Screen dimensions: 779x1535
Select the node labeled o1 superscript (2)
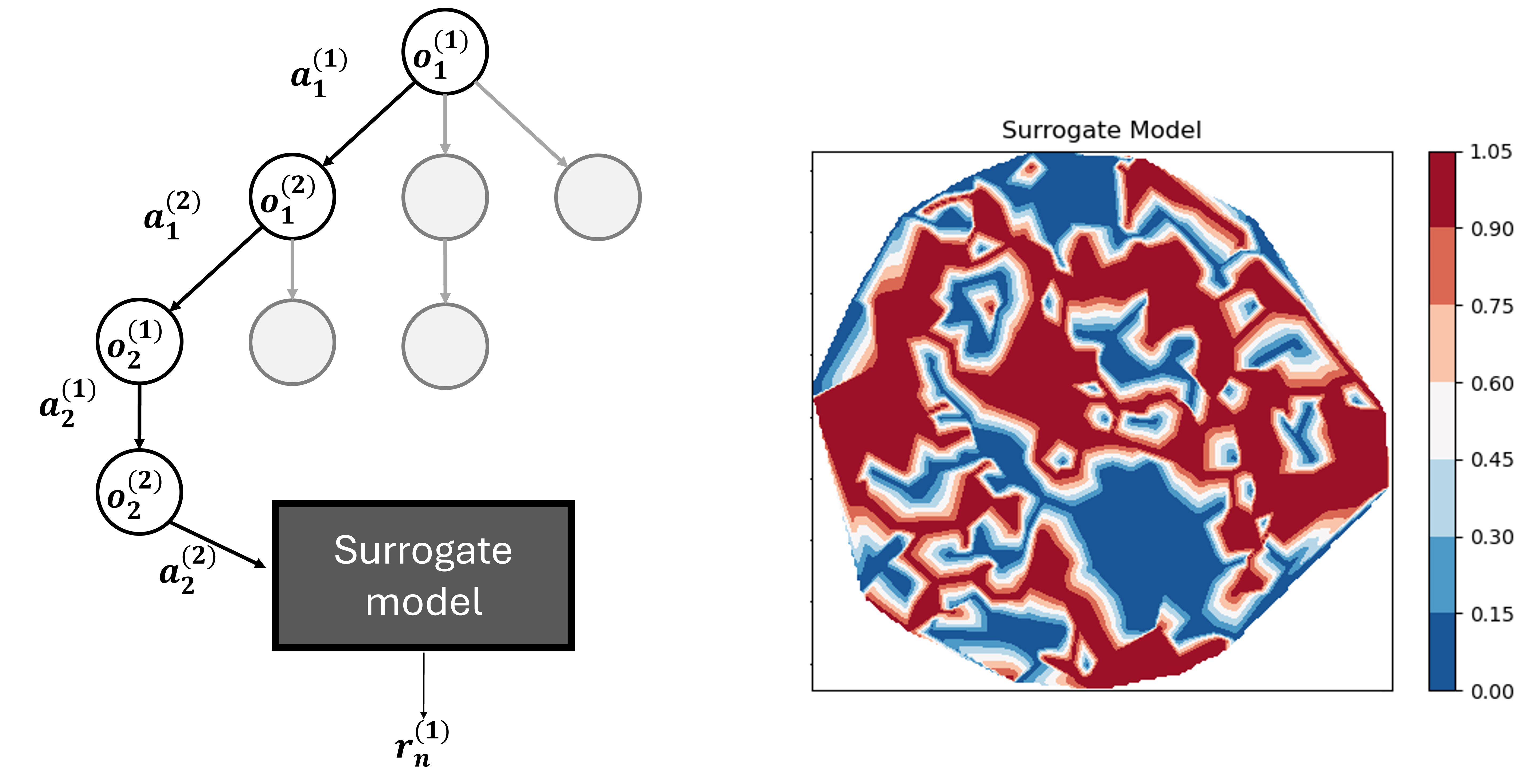292,196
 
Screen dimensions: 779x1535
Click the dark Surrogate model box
423,575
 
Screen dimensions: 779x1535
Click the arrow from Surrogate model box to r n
424,685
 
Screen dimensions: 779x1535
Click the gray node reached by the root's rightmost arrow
598,197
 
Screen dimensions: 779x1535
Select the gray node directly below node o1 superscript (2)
292,343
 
